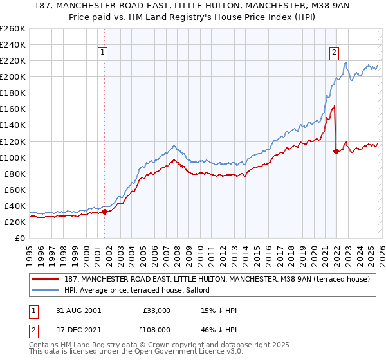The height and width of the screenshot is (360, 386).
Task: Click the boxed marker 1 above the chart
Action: [104, 54]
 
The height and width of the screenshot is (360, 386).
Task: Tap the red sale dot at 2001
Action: [104, 211]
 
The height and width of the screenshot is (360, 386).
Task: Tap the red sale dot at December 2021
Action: [336, 151]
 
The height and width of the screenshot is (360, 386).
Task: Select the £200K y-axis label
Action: [13, 76]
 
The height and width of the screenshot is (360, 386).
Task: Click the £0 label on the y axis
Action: [19, 238]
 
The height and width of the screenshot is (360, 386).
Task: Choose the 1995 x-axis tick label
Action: [30, 252]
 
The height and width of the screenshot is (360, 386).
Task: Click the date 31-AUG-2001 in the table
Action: [77, 310]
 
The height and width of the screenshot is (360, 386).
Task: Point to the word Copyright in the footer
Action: [187, 346]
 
